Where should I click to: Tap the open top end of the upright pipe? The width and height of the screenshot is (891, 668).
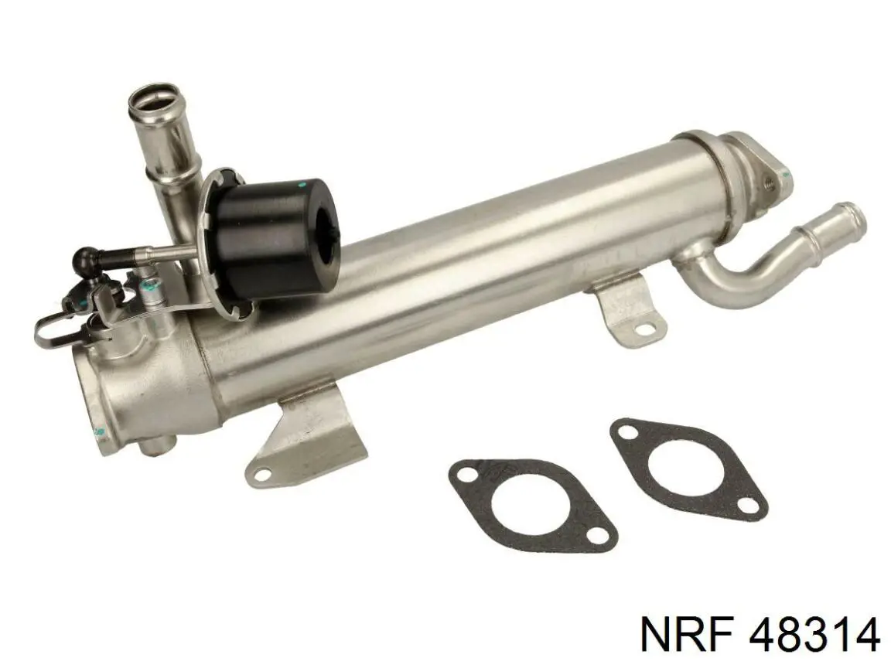152,101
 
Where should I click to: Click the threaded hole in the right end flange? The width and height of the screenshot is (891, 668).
770,182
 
